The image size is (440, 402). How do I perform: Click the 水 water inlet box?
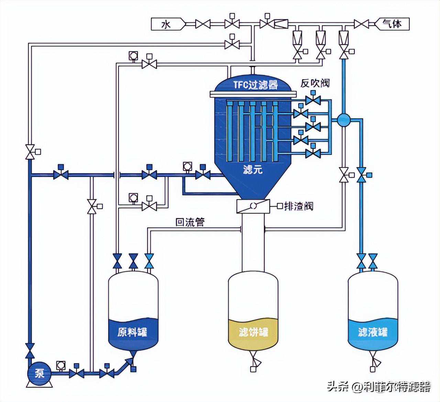tap(167, 24)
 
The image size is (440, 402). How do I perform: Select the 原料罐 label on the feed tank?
tap(132, 332)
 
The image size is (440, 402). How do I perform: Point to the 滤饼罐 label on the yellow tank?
tap(253, 332)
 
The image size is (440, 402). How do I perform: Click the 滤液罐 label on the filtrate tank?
tap(373, 332)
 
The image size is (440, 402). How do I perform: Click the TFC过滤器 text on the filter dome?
tap(255, 85)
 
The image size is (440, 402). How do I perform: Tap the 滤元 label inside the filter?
tap(252, 169)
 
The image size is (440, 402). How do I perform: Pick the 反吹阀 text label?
tap(315, 83)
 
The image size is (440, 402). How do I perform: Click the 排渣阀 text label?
tap(298, 206)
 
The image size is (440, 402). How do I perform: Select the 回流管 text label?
tap(190, 222)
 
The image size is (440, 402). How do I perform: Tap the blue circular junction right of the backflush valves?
tap(343, 120)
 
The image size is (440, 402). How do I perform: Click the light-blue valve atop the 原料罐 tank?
tap(149, 261)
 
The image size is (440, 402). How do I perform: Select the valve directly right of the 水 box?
tap(203, 24)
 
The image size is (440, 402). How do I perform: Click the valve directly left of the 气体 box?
tap(361, 24)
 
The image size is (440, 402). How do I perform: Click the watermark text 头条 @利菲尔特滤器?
tap(378, 387)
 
